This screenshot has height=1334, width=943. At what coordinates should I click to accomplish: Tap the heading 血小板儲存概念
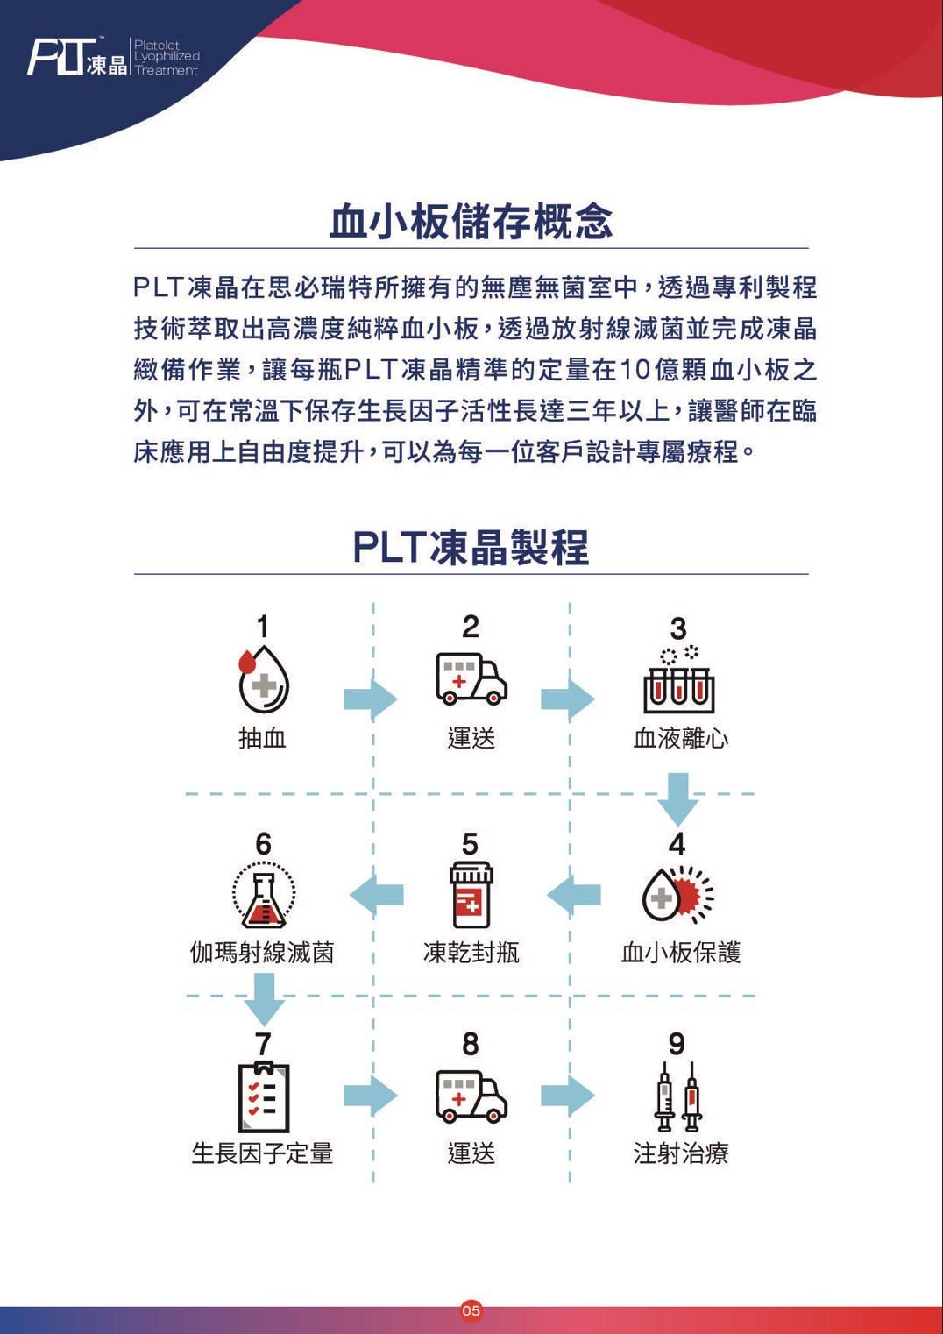pyautogui.click(x=471, y=221)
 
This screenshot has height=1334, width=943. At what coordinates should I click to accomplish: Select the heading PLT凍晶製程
pyautogui.click(x=471, y=547)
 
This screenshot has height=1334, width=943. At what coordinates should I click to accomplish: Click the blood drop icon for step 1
pyautogui.click(x=263, y=679)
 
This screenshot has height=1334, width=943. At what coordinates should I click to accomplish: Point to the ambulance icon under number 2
pyautogui.click(x=471, y=679)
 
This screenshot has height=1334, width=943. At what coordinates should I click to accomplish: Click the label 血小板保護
pyautogui.click(x=680, y=952)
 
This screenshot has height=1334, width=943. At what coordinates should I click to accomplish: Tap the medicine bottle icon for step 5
pyautogui.click(x=471, y=895)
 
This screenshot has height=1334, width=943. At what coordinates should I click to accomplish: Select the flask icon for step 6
pyautogui.click(x=263, y=895)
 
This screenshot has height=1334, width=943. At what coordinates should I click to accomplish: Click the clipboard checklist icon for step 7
pyautogui.click(x=263, y=1096)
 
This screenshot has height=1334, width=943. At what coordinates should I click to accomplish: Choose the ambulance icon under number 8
pyautogui.click(x=471, y=1096)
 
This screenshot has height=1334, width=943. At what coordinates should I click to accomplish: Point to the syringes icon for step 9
pyautogui.click(x=678, y=1096)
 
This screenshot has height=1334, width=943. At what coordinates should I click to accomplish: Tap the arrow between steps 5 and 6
pyautogui.click(x=376, y=895)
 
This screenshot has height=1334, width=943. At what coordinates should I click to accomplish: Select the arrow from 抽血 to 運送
pyautogui.click(x=371, y=699)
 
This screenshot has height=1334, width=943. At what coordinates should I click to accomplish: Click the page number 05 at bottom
pyautogui.click(x=471, y=1311)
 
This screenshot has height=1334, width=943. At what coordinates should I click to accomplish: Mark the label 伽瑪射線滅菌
pyautogui.click(x=262, y=952)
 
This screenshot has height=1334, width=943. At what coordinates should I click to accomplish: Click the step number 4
pyautogui.click(x=677, y=844)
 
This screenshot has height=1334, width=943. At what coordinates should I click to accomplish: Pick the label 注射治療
pyautogui.click(x=680, y=1153)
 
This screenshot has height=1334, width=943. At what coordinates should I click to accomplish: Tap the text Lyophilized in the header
pyautogui.click(x=167, y=57)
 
